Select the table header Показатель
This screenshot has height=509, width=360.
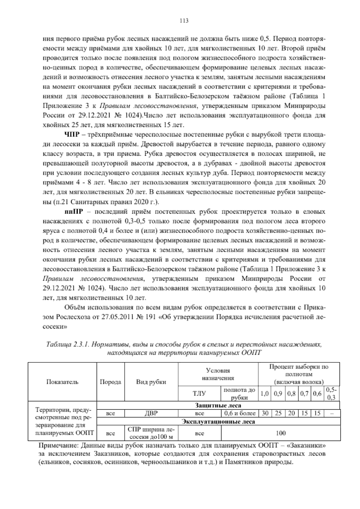[x=62, y=382]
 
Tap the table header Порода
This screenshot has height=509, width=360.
[x=110, y=382]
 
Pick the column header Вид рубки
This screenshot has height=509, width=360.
[x=151, y=382]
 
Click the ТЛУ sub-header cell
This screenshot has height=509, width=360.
[x=199, y=393]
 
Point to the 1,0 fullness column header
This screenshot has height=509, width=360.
[x=265, y=393]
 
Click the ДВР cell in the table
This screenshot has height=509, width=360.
[x=151, y=413]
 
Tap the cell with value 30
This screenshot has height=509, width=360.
[x=265, y=413]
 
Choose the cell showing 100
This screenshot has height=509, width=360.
[x=280, y=433]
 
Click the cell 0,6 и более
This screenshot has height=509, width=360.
[x=239, y=413]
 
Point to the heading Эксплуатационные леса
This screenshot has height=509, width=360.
[x=219, y=422]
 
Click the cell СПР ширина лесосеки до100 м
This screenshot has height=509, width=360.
[x=151, y=433]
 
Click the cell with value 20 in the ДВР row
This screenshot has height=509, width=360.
[x=291, y=413]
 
